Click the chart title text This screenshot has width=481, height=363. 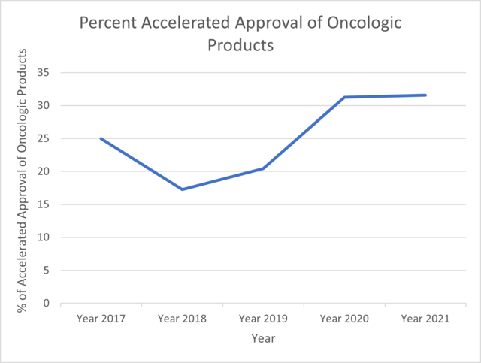click(x=240, y=34)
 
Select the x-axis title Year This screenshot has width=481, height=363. click(x=263, y=338)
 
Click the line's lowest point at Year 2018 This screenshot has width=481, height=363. click(x=182, y=189)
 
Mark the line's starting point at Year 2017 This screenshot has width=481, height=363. click(x=101, y=138)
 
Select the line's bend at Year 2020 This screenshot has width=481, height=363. click(x=344, y=97)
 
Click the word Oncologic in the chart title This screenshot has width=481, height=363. click(x=364, y=23)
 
